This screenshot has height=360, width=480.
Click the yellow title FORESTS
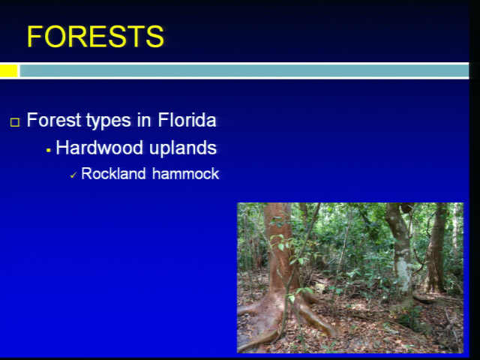[95, 37]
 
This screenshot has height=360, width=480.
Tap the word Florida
[187, 120]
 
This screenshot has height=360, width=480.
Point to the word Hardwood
[100, 148]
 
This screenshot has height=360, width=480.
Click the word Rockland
[113, 173]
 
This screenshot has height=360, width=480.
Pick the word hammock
[185, 173]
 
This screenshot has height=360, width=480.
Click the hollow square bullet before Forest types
[15, 122]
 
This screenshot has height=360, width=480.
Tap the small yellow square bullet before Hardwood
[48, 150]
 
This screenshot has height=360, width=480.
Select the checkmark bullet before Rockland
[73, 175]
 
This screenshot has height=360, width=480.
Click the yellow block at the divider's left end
[8, 70]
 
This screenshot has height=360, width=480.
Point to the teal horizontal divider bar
[244, 70]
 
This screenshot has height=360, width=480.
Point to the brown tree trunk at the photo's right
[436, 248]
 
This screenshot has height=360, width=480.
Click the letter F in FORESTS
[34, 37]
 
